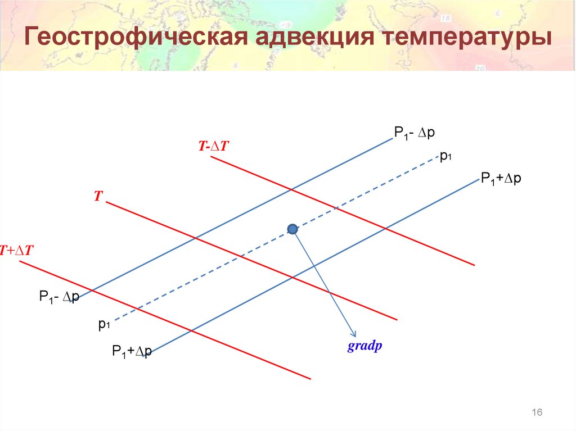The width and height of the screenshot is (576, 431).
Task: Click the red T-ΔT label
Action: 214,146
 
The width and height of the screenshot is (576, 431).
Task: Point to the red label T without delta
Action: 98,196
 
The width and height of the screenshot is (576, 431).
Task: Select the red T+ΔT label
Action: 17,251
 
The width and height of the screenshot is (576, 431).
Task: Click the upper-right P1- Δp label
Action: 415,133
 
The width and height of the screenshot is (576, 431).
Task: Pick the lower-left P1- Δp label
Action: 58,297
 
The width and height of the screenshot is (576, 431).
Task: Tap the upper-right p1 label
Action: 446,157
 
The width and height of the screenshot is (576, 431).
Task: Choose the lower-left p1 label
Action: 103,324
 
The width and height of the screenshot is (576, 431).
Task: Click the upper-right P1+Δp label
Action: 501,179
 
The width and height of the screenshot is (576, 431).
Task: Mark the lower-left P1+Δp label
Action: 132,352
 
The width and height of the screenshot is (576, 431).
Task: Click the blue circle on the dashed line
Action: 292,229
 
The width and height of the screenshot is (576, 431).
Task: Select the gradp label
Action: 364,346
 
